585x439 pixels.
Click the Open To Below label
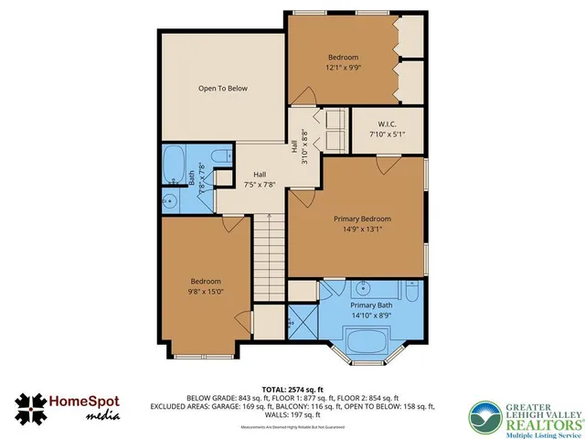click(224, 89)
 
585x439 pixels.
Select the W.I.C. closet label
click(387, 124)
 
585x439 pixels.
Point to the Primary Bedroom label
click(362, 219)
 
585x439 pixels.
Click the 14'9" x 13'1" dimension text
click(362, 230)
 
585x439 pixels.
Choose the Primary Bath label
click(373, 305)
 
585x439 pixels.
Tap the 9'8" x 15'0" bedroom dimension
click(207, 292)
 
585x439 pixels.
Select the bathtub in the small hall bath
click(174, 165)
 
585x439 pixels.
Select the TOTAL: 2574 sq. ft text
click(292, 389)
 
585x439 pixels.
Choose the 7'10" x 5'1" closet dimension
click(387, 134)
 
